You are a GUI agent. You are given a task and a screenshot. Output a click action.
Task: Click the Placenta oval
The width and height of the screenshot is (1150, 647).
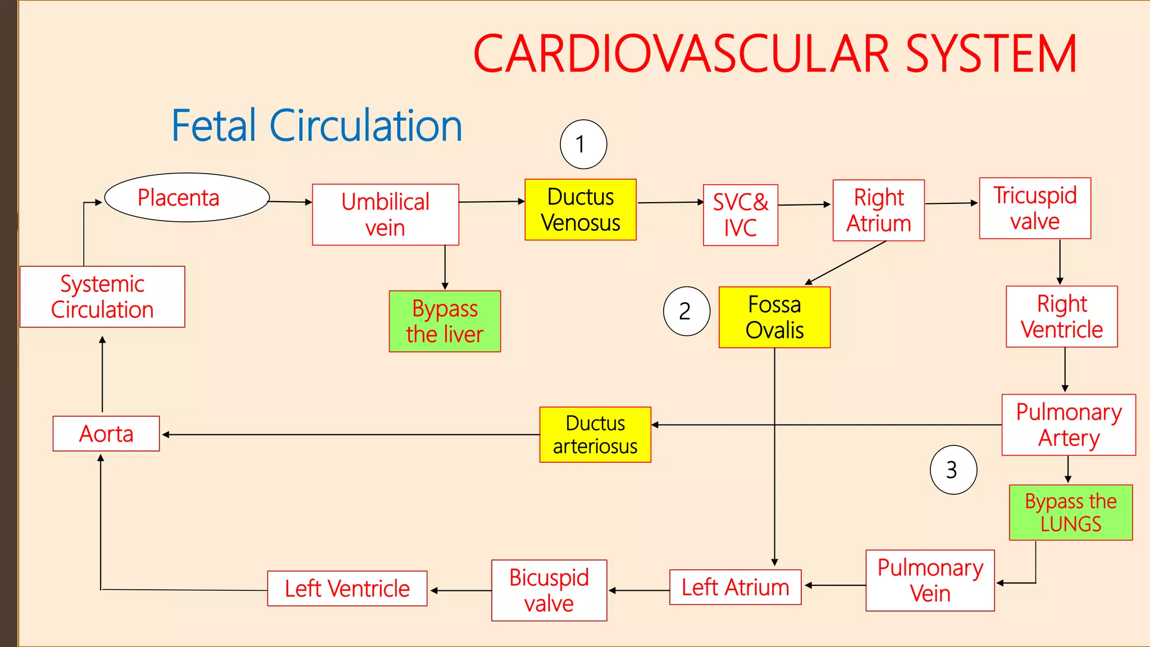[187, 198]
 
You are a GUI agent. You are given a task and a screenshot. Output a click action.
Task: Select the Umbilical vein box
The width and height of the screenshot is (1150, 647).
[385, 215]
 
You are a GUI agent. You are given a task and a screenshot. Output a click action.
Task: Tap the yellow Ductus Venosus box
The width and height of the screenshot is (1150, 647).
[580, 209]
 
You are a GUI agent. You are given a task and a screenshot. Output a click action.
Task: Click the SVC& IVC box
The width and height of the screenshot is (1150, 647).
[740, 215]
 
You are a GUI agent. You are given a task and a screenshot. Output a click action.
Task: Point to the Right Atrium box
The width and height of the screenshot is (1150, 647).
[878, 211]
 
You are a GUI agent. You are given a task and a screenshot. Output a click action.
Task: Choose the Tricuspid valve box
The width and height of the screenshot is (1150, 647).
[1034, 208]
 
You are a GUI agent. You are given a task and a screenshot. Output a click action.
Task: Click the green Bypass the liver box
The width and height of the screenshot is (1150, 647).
[444, 321]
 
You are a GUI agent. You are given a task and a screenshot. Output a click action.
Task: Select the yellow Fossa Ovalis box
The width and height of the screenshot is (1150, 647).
[774, 317]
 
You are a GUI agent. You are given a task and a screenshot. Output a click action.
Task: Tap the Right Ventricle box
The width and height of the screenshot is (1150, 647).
[1061, 317]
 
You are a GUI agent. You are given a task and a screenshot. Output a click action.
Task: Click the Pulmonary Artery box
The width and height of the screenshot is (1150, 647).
[1068, 425]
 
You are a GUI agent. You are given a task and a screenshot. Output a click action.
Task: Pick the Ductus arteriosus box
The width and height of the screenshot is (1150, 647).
[595, 435]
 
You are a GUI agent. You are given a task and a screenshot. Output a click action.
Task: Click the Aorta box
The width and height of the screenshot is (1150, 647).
[106, 434]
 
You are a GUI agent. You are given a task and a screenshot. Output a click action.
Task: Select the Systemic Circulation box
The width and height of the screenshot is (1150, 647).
[102, 297]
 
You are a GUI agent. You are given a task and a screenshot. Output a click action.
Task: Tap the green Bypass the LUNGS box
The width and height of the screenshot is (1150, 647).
[1070, 512]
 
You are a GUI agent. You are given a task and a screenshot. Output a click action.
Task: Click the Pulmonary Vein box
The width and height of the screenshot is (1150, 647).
[930, 580]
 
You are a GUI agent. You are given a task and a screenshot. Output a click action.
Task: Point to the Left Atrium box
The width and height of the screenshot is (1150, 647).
[734, 587]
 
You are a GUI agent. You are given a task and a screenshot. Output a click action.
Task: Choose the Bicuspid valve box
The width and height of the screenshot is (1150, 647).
[549, 590]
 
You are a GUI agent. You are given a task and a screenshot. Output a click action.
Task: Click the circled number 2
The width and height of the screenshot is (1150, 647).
[686, 311]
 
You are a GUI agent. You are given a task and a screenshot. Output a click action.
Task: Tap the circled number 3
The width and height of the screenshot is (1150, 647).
[953, 470]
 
